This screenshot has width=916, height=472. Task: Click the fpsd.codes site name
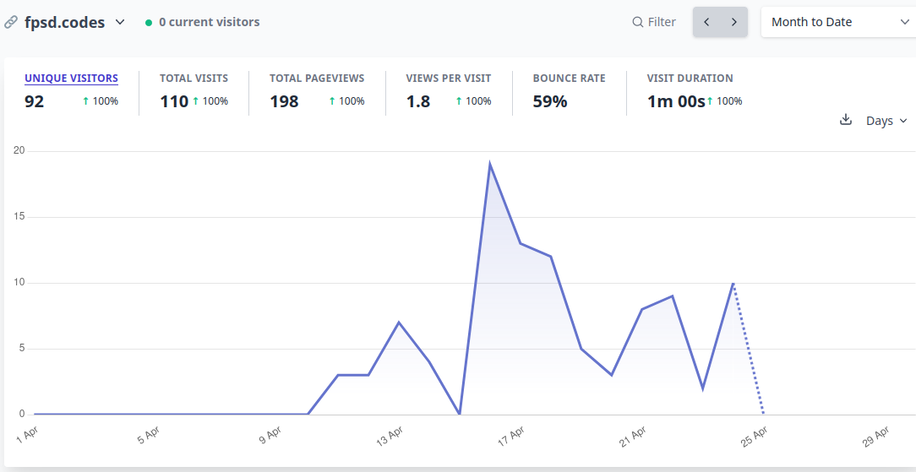65,22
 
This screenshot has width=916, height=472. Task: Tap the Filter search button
654,22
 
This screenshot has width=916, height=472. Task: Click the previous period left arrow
707,22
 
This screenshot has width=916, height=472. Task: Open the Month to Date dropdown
838,22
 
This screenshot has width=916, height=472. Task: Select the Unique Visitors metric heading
71,79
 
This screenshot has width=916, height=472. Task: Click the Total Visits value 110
174,101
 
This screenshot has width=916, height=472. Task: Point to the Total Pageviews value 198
284,101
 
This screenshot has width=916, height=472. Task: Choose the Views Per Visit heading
449,79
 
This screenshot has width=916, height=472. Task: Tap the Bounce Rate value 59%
550,101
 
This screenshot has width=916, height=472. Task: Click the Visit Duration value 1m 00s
676,101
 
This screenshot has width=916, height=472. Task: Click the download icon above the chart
845,120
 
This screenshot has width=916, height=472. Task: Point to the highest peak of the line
489,164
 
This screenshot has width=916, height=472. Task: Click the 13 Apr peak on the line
398,322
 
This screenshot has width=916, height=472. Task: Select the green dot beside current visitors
149,23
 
